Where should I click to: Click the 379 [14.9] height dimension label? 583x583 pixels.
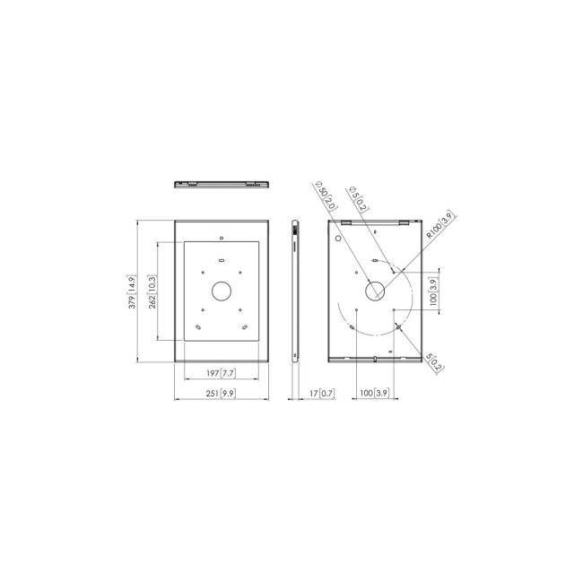132,292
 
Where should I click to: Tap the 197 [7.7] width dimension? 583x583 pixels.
221,372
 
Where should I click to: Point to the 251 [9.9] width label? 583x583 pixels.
221,393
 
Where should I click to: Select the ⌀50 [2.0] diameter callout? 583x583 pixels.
325,196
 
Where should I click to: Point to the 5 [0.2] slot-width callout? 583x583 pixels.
432,361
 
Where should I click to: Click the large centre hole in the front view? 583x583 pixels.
221,291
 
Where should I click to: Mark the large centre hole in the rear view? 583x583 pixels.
375,291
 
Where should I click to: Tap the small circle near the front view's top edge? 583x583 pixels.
221,238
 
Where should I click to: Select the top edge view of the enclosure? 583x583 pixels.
221,183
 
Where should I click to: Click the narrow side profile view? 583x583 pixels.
295,289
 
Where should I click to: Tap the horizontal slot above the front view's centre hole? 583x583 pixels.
221,261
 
